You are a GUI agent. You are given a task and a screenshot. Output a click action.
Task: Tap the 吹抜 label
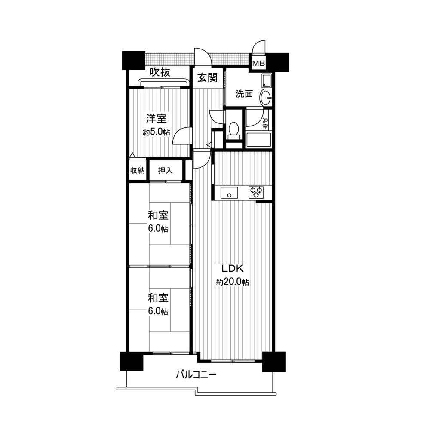coord(160,72)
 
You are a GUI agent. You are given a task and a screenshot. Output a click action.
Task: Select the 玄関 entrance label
coord(207,78)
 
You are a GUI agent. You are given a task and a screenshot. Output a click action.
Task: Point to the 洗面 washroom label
coord(244,94)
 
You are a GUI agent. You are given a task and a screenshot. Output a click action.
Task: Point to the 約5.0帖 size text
coord(157,132)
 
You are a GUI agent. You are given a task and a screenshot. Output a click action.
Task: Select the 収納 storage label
coord(138,171)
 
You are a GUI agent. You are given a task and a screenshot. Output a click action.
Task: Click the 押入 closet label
coord(165,171)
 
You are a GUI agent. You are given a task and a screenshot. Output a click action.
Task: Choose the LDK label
coord(233,269)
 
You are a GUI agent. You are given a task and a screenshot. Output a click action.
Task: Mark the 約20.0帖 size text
coord(233,282)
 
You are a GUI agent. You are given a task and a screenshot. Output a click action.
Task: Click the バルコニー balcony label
coord(196,375)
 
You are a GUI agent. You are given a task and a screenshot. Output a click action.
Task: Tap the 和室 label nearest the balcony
coord(158,298)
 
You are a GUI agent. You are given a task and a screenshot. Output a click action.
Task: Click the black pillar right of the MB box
coord(278,61)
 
